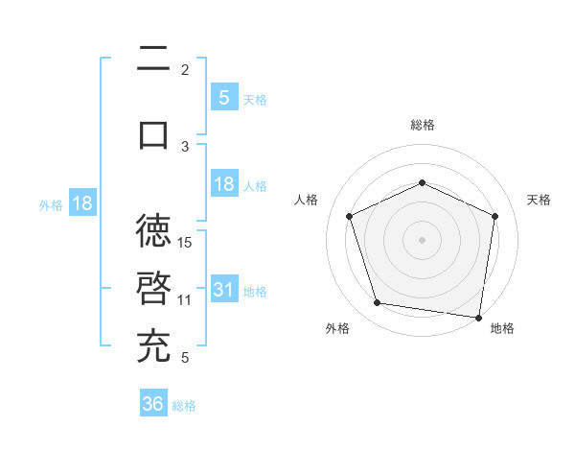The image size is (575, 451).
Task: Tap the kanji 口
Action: tap(153, 134)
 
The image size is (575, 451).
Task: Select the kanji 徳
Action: tap(153, 231)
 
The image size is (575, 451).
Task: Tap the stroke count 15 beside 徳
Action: tap(186, 242)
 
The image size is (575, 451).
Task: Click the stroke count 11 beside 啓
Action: tap(186, 299)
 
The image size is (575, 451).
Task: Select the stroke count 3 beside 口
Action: tap(185, 146)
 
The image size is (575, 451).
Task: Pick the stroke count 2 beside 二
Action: tap(185, 70)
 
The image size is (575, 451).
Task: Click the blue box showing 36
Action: tap(153, 404)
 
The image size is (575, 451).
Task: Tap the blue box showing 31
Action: tap(224, 290)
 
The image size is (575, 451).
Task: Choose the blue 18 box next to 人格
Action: tap(224, 184)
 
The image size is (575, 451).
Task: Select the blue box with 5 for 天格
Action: tap(224, 97)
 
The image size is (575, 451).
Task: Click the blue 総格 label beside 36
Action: tap(184, 406)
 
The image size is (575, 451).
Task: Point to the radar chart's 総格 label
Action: tap(423, 125)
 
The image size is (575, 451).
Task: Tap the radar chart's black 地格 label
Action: tap(502, 328)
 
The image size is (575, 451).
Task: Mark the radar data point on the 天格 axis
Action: tap(494, 216)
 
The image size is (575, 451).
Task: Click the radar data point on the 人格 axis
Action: tap(350, 216)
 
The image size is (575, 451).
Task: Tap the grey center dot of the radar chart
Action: tap(423, 239)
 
